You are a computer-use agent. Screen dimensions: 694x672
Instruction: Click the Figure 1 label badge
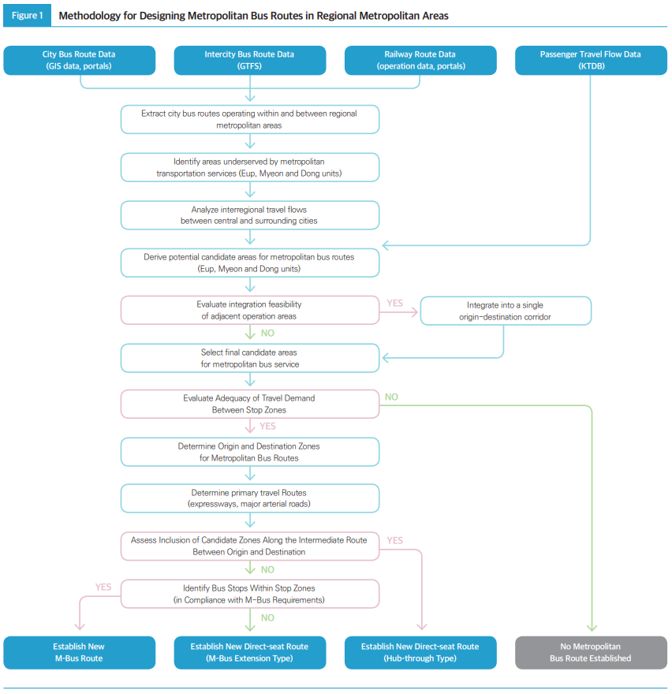(27, 16)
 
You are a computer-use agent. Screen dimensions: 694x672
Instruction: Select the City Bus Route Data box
(79, 60)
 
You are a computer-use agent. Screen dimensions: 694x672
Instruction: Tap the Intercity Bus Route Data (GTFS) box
(249, 60)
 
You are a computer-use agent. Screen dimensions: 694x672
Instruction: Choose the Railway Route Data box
(420, 60)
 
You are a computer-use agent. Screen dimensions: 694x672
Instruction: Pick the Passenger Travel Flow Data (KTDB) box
(590, 60)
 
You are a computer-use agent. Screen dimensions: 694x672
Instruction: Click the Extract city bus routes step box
(249, 119)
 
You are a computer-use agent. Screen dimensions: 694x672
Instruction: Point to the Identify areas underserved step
(249, 167)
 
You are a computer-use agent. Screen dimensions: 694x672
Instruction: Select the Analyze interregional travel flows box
(249, 215)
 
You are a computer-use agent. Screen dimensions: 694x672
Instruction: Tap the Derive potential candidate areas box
(249, 263)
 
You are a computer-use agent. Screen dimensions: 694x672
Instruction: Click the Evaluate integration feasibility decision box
(249, 310)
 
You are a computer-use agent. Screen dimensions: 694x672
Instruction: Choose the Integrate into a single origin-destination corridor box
(506, 311)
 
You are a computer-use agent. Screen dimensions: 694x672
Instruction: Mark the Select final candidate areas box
(249, 358)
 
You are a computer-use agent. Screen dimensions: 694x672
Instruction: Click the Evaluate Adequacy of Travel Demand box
(249, 404)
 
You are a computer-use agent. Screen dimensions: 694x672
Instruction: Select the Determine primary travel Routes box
(249, 498)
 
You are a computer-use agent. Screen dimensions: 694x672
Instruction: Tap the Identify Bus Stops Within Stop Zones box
(249, 593)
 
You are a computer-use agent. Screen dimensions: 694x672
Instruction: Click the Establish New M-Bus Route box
(79, 652)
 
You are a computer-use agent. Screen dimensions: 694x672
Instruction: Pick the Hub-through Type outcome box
(420, 652)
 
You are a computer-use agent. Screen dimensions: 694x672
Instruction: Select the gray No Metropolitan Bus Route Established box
(590, 652)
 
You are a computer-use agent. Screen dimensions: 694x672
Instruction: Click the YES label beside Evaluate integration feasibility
(395, 303)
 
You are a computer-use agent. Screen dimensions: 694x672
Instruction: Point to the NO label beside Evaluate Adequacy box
(391, 397)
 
